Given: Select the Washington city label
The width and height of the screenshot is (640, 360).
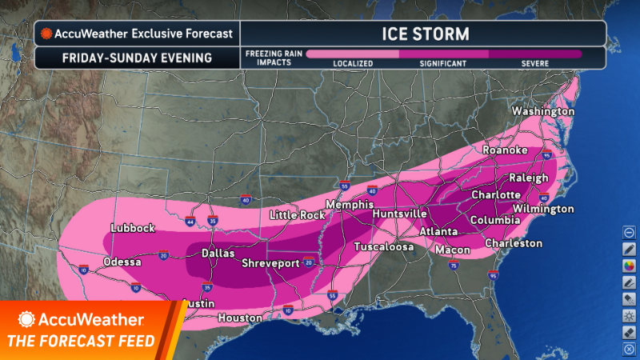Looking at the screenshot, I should point(543,111).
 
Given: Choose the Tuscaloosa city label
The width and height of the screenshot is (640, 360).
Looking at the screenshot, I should point(384,246).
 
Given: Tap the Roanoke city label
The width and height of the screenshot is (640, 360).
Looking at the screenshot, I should point(505,150).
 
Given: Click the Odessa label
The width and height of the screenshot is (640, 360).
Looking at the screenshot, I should point(122,262).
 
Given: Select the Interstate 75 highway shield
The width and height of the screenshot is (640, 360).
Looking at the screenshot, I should point(453,266).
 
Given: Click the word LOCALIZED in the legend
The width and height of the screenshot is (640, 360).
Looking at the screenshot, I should point(353,62).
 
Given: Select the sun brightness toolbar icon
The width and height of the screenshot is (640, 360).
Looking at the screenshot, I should point(629,316).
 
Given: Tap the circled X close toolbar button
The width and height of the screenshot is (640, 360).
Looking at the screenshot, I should point(629,350).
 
